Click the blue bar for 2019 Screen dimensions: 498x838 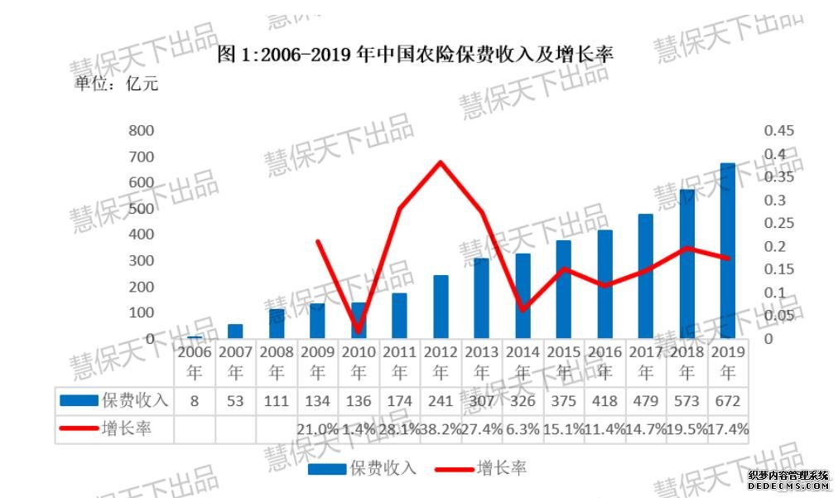click(728, 251)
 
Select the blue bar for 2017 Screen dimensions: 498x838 click(646, 276)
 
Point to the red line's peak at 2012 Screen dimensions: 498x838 click(441, 162)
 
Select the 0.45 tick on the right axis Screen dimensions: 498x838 click(779, 131)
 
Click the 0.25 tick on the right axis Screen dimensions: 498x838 click(779, 223)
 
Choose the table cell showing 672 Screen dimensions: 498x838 click(729, 401)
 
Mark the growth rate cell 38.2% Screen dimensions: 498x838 click(441, 428)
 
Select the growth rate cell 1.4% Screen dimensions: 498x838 click(359, 428)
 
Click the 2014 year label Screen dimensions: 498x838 click(522, 361)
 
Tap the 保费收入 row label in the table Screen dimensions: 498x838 click(134, 401)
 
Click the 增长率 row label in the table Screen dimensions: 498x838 click(127, 428)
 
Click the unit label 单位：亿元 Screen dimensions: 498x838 click(116, 83)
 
